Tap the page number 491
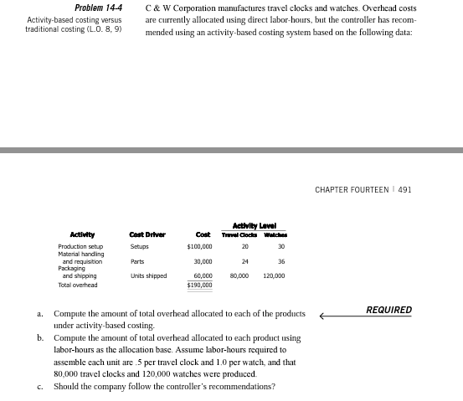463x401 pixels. (x=404, y=190)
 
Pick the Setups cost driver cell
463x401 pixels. (x=139, y=247)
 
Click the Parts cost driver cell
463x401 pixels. (x=137, y=261)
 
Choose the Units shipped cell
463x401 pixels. (x=148, y=275)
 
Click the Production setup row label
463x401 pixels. (x=80, y=247)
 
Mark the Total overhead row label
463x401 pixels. (x=77, y=285)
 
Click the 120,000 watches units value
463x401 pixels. (x=274, y=275)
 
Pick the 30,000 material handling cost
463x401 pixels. (x=202, y=261)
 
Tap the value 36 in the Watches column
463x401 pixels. (x=281, y=261)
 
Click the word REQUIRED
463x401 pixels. (x=389, y=311)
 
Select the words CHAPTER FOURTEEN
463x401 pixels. (x=352, y=190)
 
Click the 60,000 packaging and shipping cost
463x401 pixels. (x=202, y=275)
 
